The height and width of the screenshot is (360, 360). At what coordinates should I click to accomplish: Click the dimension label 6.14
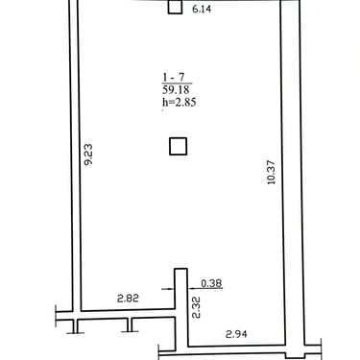pos(202,9)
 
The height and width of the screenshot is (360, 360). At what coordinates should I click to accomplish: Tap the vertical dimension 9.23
pos(88,155)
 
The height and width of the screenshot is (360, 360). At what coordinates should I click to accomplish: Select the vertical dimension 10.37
pos(271,173)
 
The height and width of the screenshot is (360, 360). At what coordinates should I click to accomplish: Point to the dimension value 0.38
pos(211,283)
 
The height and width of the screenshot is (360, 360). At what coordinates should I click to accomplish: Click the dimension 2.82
pos(128,299)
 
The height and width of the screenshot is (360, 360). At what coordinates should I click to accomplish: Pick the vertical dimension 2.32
pos(196,307)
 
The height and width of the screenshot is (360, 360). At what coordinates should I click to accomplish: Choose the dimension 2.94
pos(236,334)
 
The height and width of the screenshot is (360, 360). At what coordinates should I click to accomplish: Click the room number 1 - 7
pos(174,77)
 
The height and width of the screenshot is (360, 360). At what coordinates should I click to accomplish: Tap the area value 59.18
pos(176,89)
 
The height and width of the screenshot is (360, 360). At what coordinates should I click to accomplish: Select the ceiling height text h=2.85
pos(180,102)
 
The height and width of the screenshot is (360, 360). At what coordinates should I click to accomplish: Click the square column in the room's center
pos(178,146)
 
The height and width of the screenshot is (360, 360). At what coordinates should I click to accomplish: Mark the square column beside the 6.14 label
pos(175,7)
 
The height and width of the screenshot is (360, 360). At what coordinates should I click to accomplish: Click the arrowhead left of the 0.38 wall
pos(171,289)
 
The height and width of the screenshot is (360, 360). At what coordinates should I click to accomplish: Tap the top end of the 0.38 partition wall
pos(180,269)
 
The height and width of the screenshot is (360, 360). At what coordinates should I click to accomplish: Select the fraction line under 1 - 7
pos(177,84)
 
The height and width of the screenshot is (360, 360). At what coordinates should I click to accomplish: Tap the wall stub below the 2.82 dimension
pos(130,324)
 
